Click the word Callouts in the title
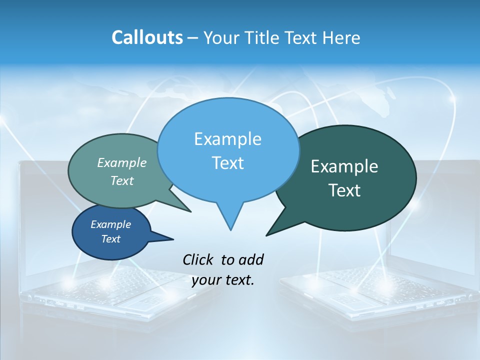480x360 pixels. [x=147, y=37]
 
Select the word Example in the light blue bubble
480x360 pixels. [x=227, y=139]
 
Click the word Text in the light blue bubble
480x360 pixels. [x=227, y=163]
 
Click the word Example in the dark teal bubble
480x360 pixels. [x=344, y=166]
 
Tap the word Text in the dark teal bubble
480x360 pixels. [x=344, y=190]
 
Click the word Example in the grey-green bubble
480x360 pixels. [x=122, y=162]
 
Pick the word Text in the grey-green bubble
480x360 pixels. [x=122, y=180]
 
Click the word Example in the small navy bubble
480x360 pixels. [x=110, y=224]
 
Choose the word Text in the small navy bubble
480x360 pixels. [x=110, y=239]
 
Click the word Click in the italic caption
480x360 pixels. [x=198, y=259]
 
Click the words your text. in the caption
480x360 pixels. [x=223, y=280]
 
